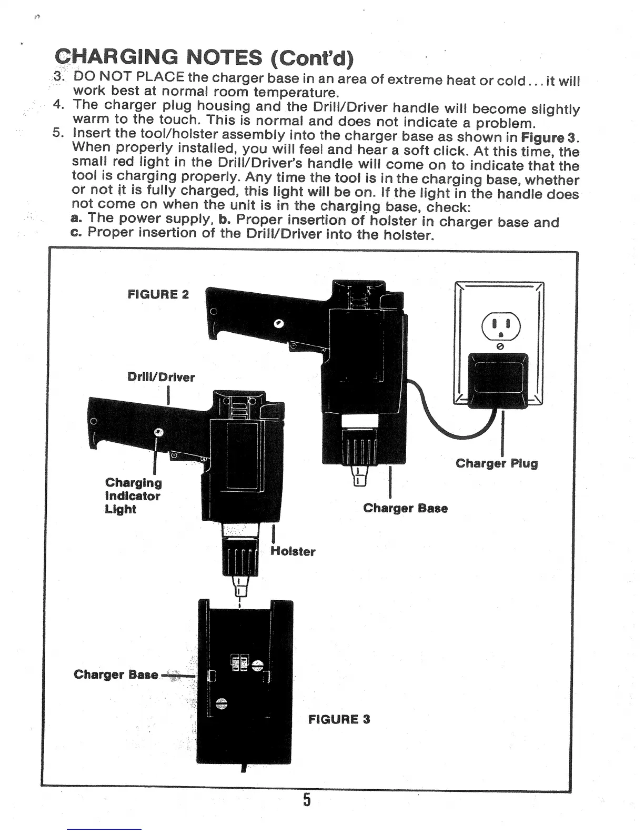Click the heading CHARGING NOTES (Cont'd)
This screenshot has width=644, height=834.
(203, 57)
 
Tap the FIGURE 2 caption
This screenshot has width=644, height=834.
(158, 294)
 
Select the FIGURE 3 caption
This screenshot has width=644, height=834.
(339, 719)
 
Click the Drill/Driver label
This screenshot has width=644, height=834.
(161, 377)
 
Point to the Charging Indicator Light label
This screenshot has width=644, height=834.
(133, 495)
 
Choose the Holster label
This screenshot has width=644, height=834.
(293, 551)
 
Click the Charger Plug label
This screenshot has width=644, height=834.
(496, 463)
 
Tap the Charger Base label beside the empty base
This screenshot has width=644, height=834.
(116, 674)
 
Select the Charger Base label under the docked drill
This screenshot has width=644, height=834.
(405, 508)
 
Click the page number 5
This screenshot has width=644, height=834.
(307, 800)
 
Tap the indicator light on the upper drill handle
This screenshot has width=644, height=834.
(279, 323)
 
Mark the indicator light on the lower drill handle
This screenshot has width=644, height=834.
(158, 432)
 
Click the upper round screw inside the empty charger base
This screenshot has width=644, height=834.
(257, 665)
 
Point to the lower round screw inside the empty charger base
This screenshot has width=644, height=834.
(222, 703)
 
